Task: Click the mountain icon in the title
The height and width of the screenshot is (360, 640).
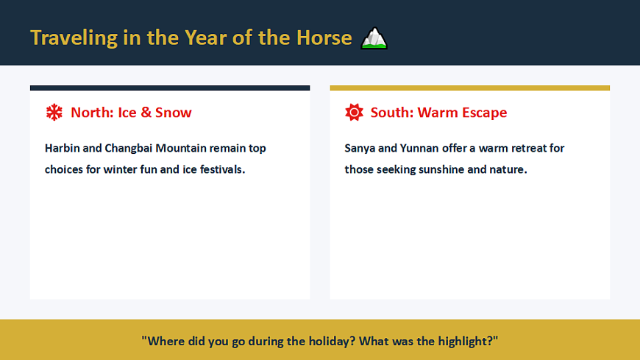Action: tap(374, 38)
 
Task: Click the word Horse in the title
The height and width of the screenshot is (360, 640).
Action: tap(324, 38)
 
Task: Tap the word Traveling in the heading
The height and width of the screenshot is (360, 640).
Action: tap(74, 38)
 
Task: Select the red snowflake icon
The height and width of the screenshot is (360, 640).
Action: tap(54, 113)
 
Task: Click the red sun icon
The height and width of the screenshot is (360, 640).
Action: tap(354, 113)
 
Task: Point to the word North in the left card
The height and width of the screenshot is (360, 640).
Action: tap(92, 113)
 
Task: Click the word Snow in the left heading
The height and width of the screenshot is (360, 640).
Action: tap(173, 113)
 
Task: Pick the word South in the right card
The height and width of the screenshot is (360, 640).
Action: tap(392, 113)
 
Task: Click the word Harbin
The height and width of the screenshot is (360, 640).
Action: tap(62, 148)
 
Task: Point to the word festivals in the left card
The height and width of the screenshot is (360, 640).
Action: tap(221, 169)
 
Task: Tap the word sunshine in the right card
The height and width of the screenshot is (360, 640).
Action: tap(441, 169)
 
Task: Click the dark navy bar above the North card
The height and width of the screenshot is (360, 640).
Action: tap(170, 88)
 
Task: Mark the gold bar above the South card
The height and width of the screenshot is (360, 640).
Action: tap(470, 88)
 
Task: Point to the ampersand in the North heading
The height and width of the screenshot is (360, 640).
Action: tap(146, 113)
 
